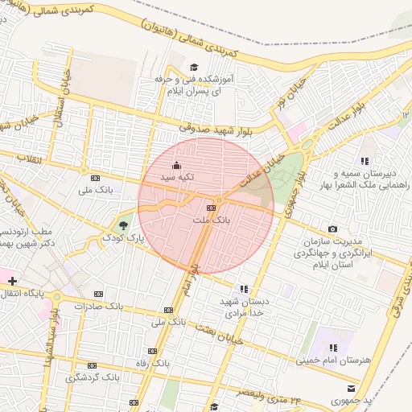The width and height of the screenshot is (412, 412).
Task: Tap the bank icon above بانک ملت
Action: tap(212, 208)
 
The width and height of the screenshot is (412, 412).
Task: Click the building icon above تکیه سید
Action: tap(177, 166)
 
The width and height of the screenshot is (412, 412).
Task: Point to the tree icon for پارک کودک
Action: tap(123, 225)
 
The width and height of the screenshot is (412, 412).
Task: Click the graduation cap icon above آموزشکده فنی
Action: tap(193, 68)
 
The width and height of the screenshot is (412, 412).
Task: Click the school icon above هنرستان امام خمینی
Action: tap(333, 348)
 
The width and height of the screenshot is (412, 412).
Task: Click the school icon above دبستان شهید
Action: tap(244, 289)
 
